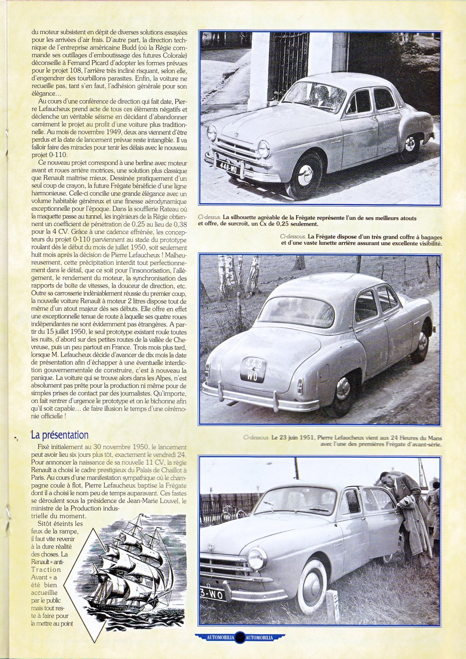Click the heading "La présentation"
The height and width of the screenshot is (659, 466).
click(60, 435)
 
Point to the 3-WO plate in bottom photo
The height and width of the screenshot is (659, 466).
click(212, 595)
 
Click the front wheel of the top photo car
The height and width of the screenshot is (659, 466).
click(305, 175)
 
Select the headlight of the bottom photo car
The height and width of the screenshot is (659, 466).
click(257, 558)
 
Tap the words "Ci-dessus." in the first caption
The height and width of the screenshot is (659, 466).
click(209, 217)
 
